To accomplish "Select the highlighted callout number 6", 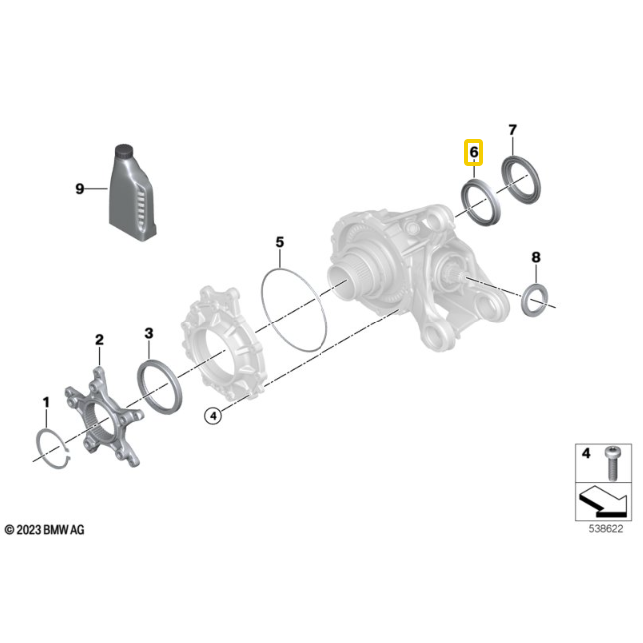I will (474, 152).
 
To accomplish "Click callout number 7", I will (512, 131).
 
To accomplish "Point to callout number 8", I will (535, 258).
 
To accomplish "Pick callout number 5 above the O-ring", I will (280, 242).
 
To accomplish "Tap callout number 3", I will (148, 333).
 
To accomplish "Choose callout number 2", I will (99, 341).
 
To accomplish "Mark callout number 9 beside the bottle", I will (79, 187).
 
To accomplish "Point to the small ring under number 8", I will (536, 297).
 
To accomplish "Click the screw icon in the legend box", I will (615, 458).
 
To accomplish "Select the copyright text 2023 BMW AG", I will (45, 530).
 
